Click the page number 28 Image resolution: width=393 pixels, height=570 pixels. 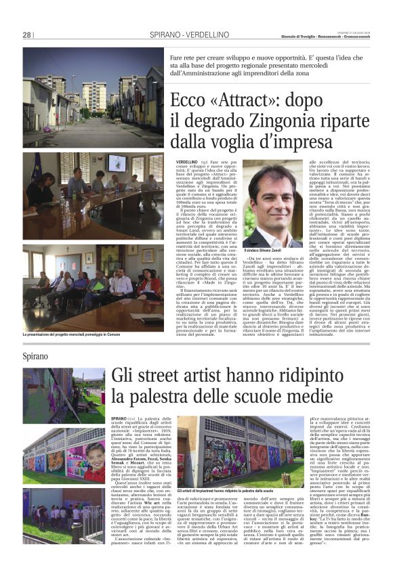click(x=27, y=35)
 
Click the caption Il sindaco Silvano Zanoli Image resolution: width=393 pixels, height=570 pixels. click(x=263, y=251)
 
